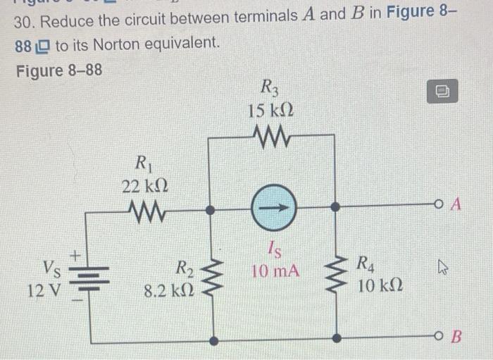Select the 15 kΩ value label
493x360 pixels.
point(270,111)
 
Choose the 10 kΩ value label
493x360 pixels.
point(379,285)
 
